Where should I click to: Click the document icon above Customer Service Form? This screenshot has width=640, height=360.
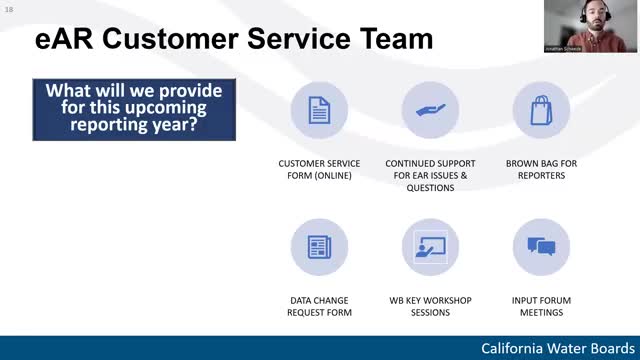point(319,110)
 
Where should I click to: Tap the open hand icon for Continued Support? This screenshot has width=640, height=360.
point(430,110)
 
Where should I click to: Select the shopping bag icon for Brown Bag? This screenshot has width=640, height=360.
point(541,110)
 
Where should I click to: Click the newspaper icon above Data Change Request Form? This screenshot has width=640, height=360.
point(319,247)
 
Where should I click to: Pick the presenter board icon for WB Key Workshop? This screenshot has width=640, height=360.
point(430,247)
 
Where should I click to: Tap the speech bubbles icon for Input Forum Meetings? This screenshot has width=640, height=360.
point(541,247)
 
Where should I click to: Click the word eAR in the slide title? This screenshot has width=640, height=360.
point(66,39)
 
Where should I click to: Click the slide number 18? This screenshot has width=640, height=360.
point(9,9)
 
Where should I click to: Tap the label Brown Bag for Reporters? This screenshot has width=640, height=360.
point(541,169)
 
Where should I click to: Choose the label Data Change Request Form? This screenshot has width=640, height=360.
point(319,306)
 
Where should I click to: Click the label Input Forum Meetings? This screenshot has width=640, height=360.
point(541,306)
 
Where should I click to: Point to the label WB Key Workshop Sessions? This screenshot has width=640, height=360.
point(430,306)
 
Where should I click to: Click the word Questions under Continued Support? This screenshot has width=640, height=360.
point(430,188)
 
